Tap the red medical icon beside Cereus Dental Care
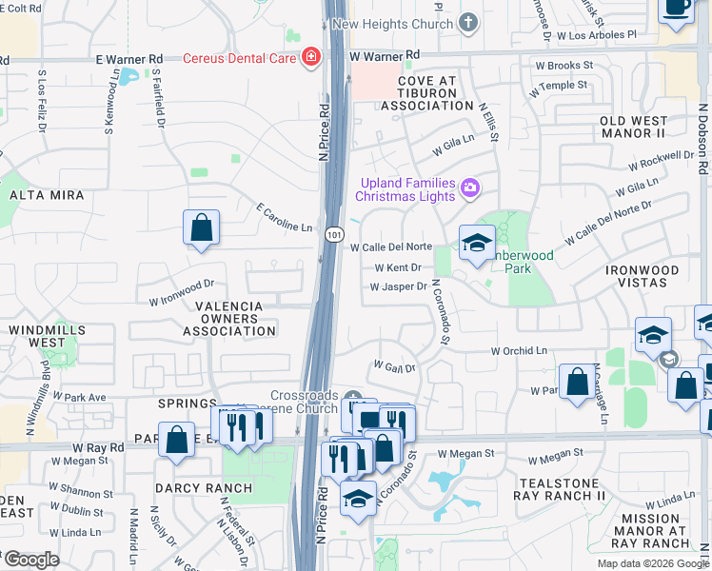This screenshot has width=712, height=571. tap(310, 57)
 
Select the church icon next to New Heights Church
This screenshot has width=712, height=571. tap(467, 21)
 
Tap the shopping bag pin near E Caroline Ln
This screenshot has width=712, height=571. tap(202, 228)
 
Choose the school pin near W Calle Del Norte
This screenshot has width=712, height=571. tap(477, 243)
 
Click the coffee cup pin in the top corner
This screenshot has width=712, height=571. tap(677, 8)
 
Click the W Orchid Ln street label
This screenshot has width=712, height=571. tap(521, 350)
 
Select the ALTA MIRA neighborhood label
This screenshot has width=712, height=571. tap(47, 195)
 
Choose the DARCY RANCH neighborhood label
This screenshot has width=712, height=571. tap(205, 488)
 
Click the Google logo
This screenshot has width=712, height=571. tap(31, 560)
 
